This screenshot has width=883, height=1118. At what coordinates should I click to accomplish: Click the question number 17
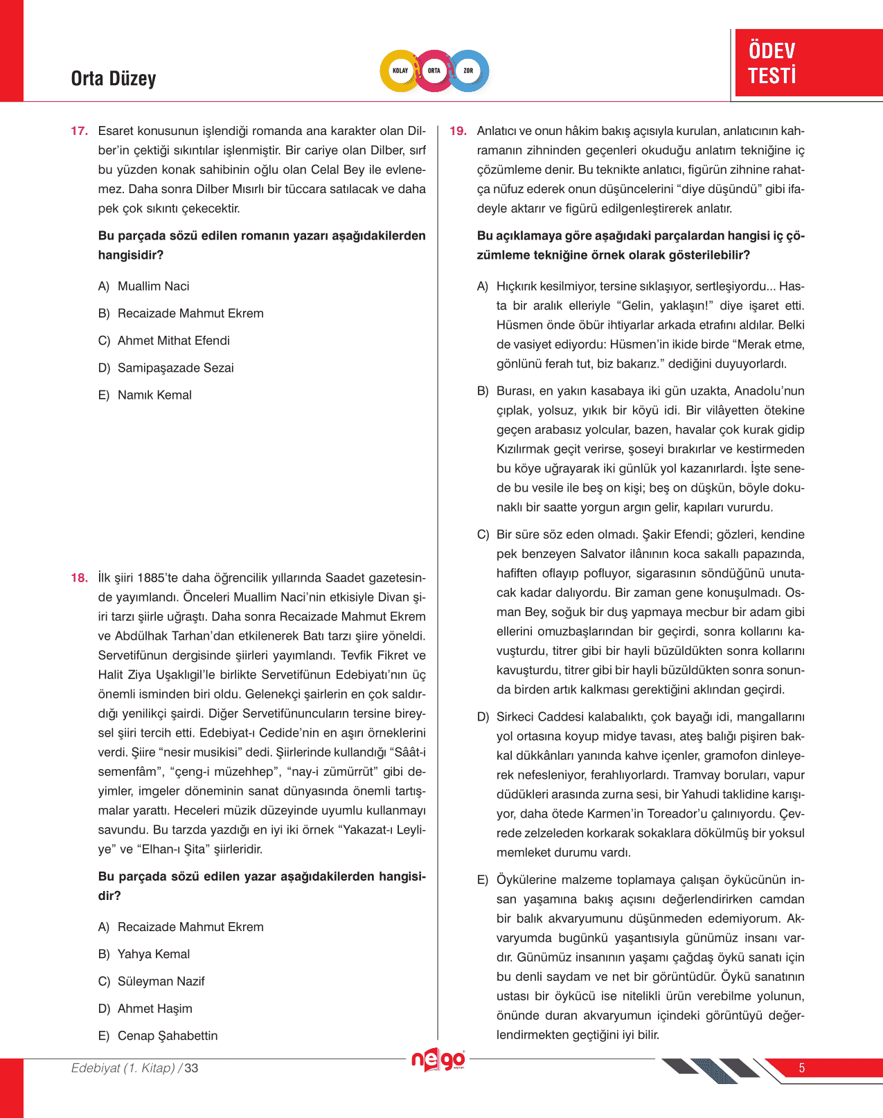tap(79, 131)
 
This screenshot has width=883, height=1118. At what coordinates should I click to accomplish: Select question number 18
tap(79, 578)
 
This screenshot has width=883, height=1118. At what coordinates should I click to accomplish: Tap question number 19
tap(458, 131)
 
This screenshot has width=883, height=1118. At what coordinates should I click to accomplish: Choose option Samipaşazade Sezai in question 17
tap(175, 368)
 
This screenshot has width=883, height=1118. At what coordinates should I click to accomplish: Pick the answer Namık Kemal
tap(154, 395)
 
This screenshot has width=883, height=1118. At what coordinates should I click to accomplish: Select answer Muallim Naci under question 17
tap(153, 286)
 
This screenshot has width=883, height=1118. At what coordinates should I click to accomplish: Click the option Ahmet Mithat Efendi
tap(173, 341)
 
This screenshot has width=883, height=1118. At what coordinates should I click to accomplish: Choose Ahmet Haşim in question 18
tap(154, 1009)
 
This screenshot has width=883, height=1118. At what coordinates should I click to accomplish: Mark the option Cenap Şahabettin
tap(167, 1036)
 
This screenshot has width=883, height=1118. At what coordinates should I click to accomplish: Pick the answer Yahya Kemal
tap(153, 954)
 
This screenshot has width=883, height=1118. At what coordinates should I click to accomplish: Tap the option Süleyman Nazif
tap(161, 981)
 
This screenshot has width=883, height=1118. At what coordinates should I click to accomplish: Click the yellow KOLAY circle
tap(400, 71)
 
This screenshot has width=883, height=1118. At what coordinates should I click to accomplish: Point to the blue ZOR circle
tap(469, 71)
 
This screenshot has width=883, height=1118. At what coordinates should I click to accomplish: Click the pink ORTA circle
tap(434, 71)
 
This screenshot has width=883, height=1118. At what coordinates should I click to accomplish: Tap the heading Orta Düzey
tap(114, 79)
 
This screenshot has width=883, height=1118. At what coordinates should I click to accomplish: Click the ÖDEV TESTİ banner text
tap(771, 63)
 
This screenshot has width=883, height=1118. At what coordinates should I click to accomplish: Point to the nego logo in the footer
tap(438, 1060)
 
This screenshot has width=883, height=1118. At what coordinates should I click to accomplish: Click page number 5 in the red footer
tap(802, 1068)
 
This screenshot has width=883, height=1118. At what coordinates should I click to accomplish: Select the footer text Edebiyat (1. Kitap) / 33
tap(134, 1068)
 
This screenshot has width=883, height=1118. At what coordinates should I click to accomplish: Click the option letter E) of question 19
tap(483, 880)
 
